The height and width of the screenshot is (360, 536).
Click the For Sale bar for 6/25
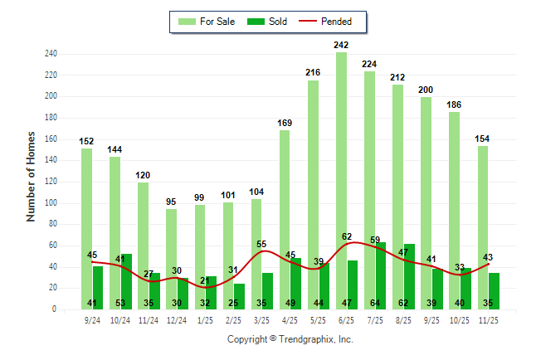(x=341, y=158)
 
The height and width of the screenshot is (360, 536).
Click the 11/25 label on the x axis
(x=489, y=319)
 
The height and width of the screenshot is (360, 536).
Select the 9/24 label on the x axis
(x=92, y=319)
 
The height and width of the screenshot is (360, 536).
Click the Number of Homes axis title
(x=31, y=176)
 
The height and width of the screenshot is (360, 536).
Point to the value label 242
(x=341, y=45)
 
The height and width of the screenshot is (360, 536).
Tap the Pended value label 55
(x=262, y=244)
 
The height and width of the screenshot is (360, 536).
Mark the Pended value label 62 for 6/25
(x=347, y=236)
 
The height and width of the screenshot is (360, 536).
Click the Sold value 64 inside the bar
(x=375, y=304)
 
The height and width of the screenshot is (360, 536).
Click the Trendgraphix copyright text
(x=290, y=339)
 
